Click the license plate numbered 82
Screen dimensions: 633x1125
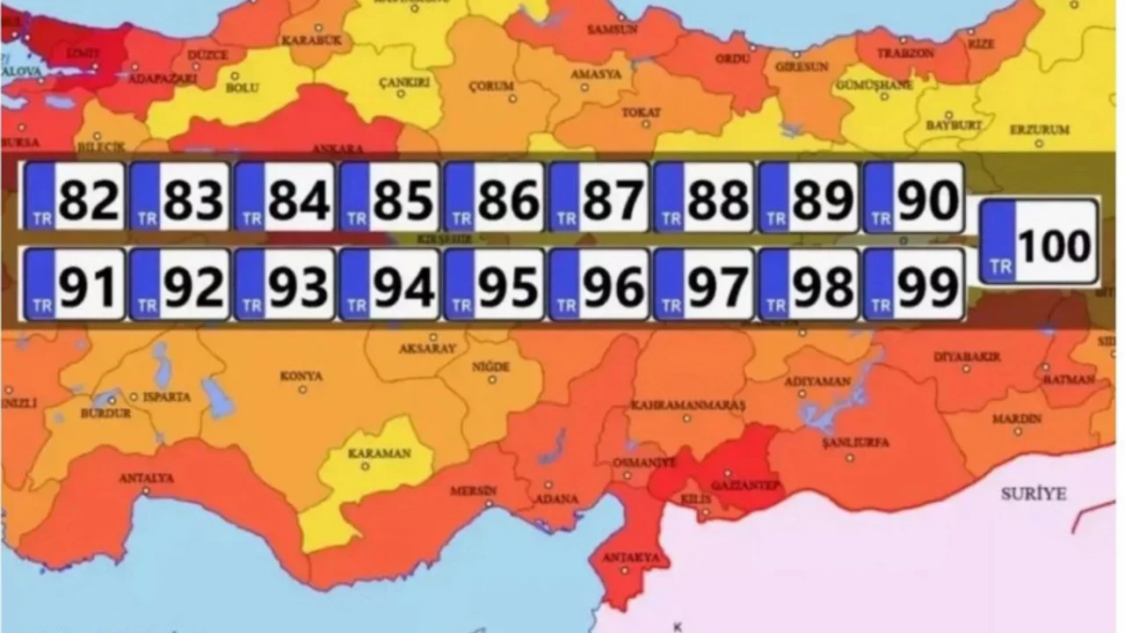pos(74,197)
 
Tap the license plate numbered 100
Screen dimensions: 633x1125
pos(1039,242)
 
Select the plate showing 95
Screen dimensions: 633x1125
pos(493,284)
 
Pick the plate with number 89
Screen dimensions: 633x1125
pos(808,197)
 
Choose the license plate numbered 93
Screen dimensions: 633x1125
pos(284,284)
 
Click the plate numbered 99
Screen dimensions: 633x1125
pos(913,284)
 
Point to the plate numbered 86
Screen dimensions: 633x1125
pos(493,197)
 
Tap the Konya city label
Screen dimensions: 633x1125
pos(301,376)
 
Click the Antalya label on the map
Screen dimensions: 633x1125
pos(147,478)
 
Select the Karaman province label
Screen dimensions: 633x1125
pos(379,454)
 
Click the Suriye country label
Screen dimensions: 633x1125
pos(1033,494)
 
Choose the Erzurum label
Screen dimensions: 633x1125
pos(1039,129)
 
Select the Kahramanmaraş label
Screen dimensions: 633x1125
pos(688,405)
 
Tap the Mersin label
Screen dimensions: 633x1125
pos(474,490)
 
